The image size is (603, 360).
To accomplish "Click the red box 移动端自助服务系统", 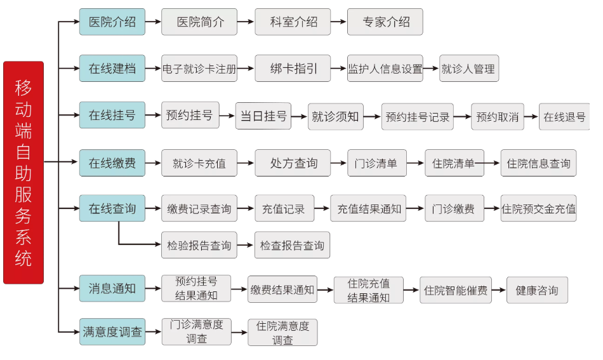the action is point(23,172).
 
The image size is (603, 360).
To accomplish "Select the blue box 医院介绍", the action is point(112,22).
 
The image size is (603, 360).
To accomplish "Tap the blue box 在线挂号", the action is point(112,115).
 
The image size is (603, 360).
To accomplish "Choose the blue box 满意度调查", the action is point(112,331).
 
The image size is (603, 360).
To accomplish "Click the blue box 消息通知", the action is point(112,288).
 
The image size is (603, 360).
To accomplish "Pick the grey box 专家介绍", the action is point(385,22).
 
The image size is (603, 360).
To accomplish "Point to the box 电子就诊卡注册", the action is point(199,69).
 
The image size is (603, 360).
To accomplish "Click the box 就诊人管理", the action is point(469,69).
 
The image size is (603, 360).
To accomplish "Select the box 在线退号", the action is point(564,117).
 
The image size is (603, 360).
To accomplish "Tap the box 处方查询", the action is point(293,163).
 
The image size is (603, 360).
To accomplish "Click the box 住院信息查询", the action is point(538,163).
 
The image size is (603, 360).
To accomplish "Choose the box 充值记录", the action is point(284,208).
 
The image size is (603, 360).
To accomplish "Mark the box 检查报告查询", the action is point(292,245).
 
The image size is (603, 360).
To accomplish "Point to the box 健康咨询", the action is point(537,290).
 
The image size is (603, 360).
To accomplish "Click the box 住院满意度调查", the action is point(282,332).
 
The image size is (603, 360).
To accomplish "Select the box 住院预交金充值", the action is point(538,208).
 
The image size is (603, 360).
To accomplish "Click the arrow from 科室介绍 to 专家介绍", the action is point(339,22).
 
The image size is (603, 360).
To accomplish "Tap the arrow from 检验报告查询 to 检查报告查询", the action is point(246,245).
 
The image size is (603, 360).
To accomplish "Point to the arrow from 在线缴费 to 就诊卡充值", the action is point(153,163).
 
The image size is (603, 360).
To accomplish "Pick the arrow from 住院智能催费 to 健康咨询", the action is point(499,290).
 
